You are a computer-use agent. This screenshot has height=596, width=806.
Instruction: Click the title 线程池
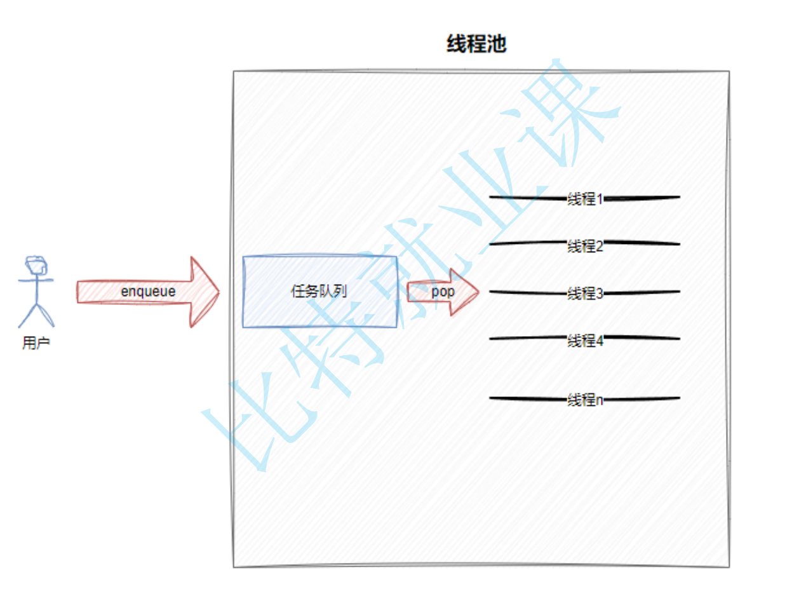[476, 44]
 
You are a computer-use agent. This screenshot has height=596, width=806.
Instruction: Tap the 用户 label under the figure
[36, 344]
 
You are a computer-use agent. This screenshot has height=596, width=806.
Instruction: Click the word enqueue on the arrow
[148, 292]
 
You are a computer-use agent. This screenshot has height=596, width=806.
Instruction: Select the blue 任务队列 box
[319, 292]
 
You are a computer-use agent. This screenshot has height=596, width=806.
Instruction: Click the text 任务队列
[319, 292]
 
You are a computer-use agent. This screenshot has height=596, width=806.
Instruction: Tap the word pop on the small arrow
[443, 292]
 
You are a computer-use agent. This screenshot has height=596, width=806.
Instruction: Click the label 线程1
[585, 199]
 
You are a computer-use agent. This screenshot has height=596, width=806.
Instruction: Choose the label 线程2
[585, 245]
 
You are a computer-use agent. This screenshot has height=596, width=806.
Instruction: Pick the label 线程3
[585, 294]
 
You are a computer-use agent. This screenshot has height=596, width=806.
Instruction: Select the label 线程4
[585, 341]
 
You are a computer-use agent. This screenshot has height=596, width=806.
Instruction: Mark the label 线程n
[585, 400]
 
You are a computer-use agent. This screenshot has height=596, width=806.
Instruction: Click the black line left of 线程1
[527, 198]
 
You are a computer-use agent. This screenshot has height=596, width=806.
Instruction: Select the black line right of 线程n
[641, 399]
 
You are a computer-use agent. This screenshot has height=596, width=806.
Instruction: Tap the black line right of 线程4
[641, 338]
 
